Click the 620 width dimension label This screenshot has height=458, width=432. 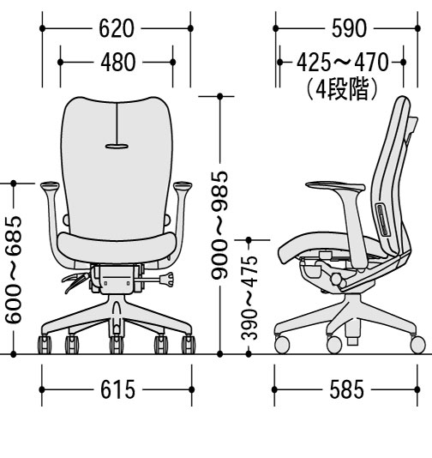click(x=117, y=28)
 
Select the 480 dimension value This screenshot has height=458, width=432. click(x=118, y=63)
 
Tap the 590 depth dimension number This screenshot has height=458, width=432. click(x=349, y=28)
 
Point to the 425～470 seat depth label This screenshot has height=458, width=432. click(x=343, y=63)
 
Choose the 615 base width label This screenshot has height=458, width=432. click(x=118, y=389)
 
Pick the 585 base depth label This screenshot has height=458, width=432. click(x=347, y=389)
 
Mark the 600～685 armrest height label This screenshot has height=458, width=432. click(x=14, y=269)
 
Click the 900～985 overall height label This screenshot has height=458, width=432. click(x=219, y=226)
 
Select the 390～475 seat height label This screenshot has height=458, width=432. click(x=249, y=298)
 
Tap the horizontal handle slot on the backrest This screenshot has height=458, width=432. click(x=117, y=147)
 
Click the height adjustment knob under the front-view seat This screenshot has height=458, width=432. click(x=167, y=280)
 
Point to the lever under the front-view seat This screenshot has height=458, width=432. click(x=75, y=281)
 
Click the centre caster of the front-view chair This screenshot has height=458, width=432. click(x=117, y=345)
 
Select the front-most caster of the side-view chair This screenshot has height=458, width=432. click(x=282, y=345)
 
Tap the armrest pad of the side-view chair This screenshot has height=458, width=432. click(x=335, y=185)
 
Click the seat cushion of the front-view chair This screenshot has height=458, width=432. click(x=117, y=247)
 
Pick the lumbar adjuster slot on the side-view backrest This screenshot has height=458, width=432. click(x=382, y=220)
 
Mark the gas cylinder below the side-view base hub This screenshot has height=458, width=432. click(x=352, y=333)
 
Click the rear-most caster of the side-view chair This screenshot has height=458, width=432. click(x=417, y=345)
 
